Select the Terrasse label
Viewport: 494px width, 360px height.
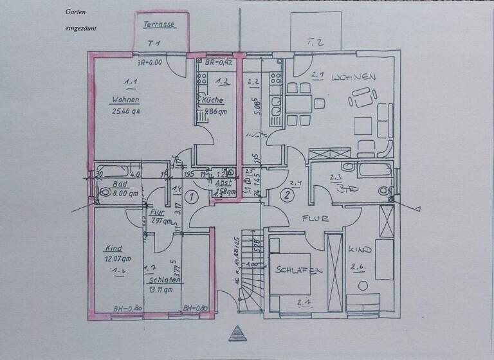[x=158, y=24]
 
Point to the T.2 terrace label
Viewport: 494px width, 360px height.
[x=315, y=42]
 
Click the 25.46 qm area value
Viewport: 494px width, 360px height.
[x=125, y=111]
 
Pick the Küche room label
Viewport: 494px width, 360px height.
[x=212, y=100]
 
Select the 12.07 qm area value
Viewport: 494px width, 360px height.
[x=118, y=258]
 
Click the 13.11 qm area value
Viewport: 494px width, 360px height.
[x=161, y=290]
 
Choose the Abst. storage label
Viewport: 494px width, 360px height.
[x=224, y=182]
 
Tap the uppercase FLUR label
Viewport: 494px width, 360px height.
[x=316, y=218]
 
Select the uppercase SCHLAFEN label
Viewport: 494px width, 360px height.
[x=299, y=271]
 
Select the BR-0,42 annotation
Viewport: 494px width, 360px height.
[x=218, y=62]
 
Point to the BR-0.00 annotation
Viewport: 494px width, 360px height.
[x=150, y=62]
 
